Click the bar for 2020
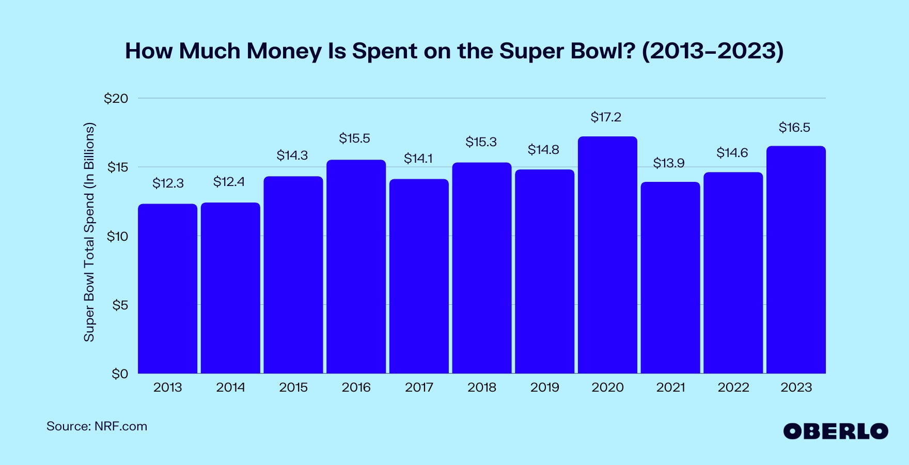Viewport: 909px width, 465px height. click(x=607, y=255)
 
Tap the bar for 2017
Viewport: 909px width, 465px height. click(x=419, y=276)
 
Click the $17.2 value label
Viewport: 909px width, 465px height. click(x=606, y=117)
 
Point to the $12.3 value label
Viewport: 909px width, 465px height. click(x=168, y=183)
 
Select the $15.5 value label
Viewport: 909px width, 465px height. click(x=354, y=138)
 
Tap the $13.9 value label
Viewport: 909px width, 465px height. click(x=669, y=163)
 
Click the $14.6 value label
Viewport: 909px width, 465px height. click(x=732, y=153)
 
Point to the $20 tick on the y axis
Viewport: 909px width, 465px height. click(x=116, y=99)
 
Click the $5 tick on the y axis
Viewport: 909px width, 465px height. click(x=120, y=305)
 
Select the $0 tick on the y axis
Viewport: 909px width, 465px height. click(x=120, y=374)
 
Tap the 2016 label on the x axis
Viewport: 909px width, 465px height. click(x=356, y=388)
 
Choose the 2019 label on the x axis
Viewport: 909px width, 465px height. click(x=544, y=388)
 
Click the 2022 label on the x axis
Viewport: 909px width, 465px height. click(x=733, y=388)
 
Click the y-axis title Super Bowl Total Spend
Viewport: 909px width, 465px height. click(x=89, y=233)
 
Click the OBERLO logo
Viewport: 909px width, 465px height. click(x=835, y=431)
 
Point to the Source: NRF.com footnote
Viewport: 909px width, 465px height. click(x=97, y=427)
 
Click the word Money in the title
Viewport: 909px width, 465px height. click(x=284, y=51)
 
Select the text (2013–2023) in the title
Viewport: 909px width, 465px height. click(x=712, y=51)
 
